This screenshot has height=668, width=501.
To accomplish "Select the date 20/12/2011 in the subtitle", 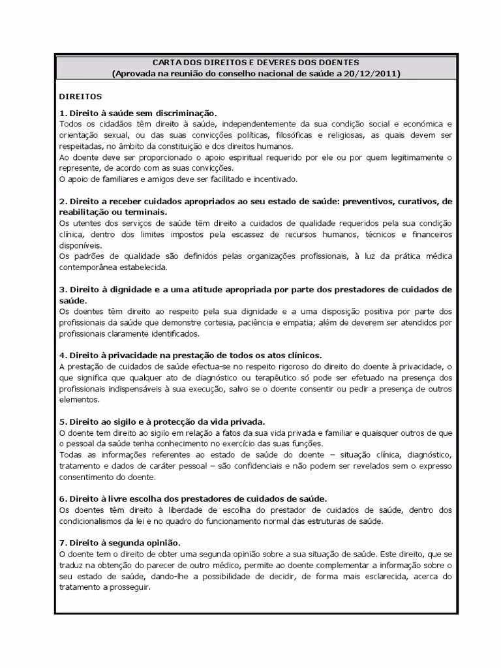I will (372, 73).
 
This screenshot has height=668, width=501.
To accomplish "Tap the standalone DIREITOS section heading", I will (81, 96).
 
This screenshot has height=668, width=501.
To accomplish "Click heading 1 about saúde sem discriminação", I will (138, 113).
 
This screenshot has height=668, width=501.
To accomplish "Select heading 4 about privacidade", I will (190, 355).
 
